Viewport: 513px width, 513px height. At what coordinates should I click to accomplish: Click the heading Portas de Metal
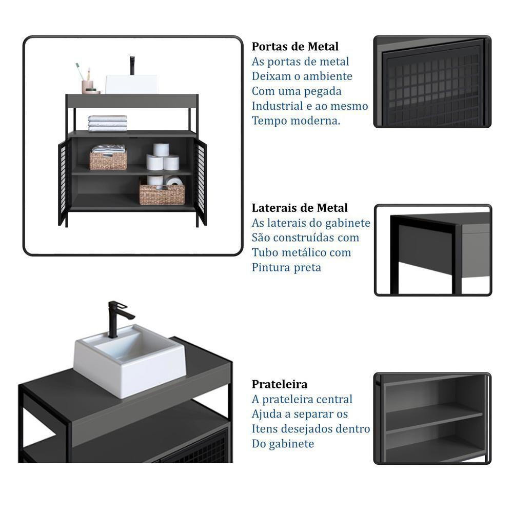tap(295, 47)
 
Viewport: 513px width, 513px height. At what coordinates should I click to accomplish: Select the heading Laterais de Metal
tap(300, 208)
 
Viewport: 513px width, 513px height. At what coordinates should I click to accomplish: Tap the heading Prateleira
tap(280, 384)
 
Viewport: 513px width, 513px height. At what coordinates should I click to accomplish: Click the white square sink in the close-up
tap(130, 361)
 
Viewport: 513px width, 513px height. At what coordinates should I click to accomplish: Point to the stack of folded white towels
tap(108, 123)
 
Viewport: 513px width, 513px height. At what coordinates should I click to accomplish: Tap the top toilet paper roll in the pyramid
tap(161, 149)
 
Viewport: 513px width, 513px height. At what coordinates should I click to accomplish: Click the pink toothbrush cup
tap(87, 87)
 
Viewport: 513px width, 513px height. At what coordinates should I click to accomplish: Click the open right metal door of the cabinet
tap(200, 181)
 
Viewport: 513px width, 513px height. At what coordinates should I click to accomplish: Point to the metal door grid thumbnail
tap(432, 82)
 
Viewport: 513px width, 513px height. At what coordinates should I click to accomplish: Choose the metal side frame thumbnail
tap(433, 250)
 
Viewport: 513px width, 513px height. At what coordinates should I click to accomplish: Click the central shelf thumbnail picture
tap(432, 418)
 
